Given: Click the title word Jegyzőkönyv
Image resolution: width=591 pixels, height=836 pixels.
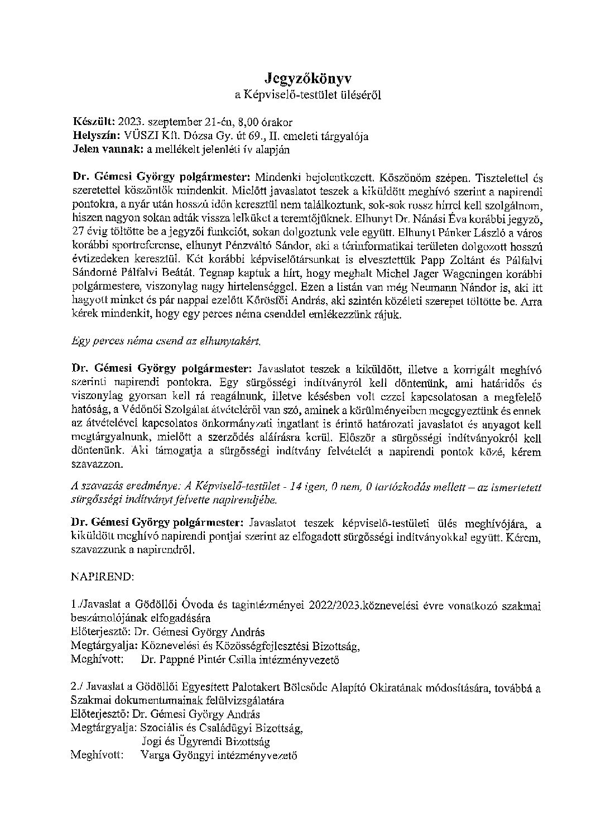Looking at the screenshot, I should (x=308, y=78).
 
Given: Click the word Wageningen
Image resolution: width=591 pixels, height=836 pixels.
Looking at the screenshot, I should (x=446, y=275).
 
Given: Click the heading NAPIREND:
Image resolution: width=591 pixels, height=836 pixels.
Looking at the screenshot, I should (x=102, y=576).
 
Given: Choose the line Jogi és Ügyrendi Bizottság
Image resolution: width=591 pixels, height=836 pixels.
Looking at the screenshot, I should (x=205, y=742).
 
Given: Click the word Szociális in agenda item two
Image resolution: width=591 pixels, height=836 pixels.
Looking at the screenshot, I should (x=161, y=728).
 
